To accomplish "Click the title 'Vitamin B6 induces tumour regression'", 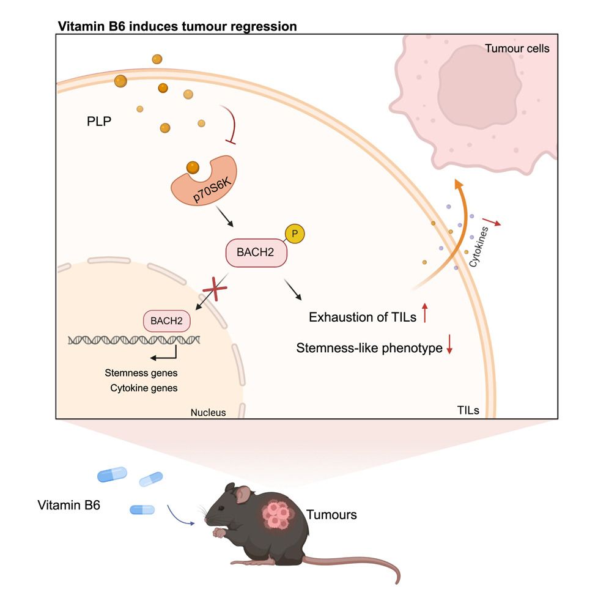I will [177, 27].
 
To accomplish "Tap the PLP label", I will [98, 122].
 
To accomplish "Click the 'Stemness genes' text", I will [136, 372].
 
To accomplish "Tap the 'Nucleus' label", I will [209, 413].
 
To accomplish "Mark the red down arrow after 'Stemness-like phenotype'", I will [450, 347].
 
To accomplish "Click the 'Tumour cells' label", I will [517, 48].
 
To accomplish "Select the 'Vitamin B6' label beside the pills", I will [68, 506].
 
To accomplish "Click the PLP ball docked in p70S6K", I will [193, 167].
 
